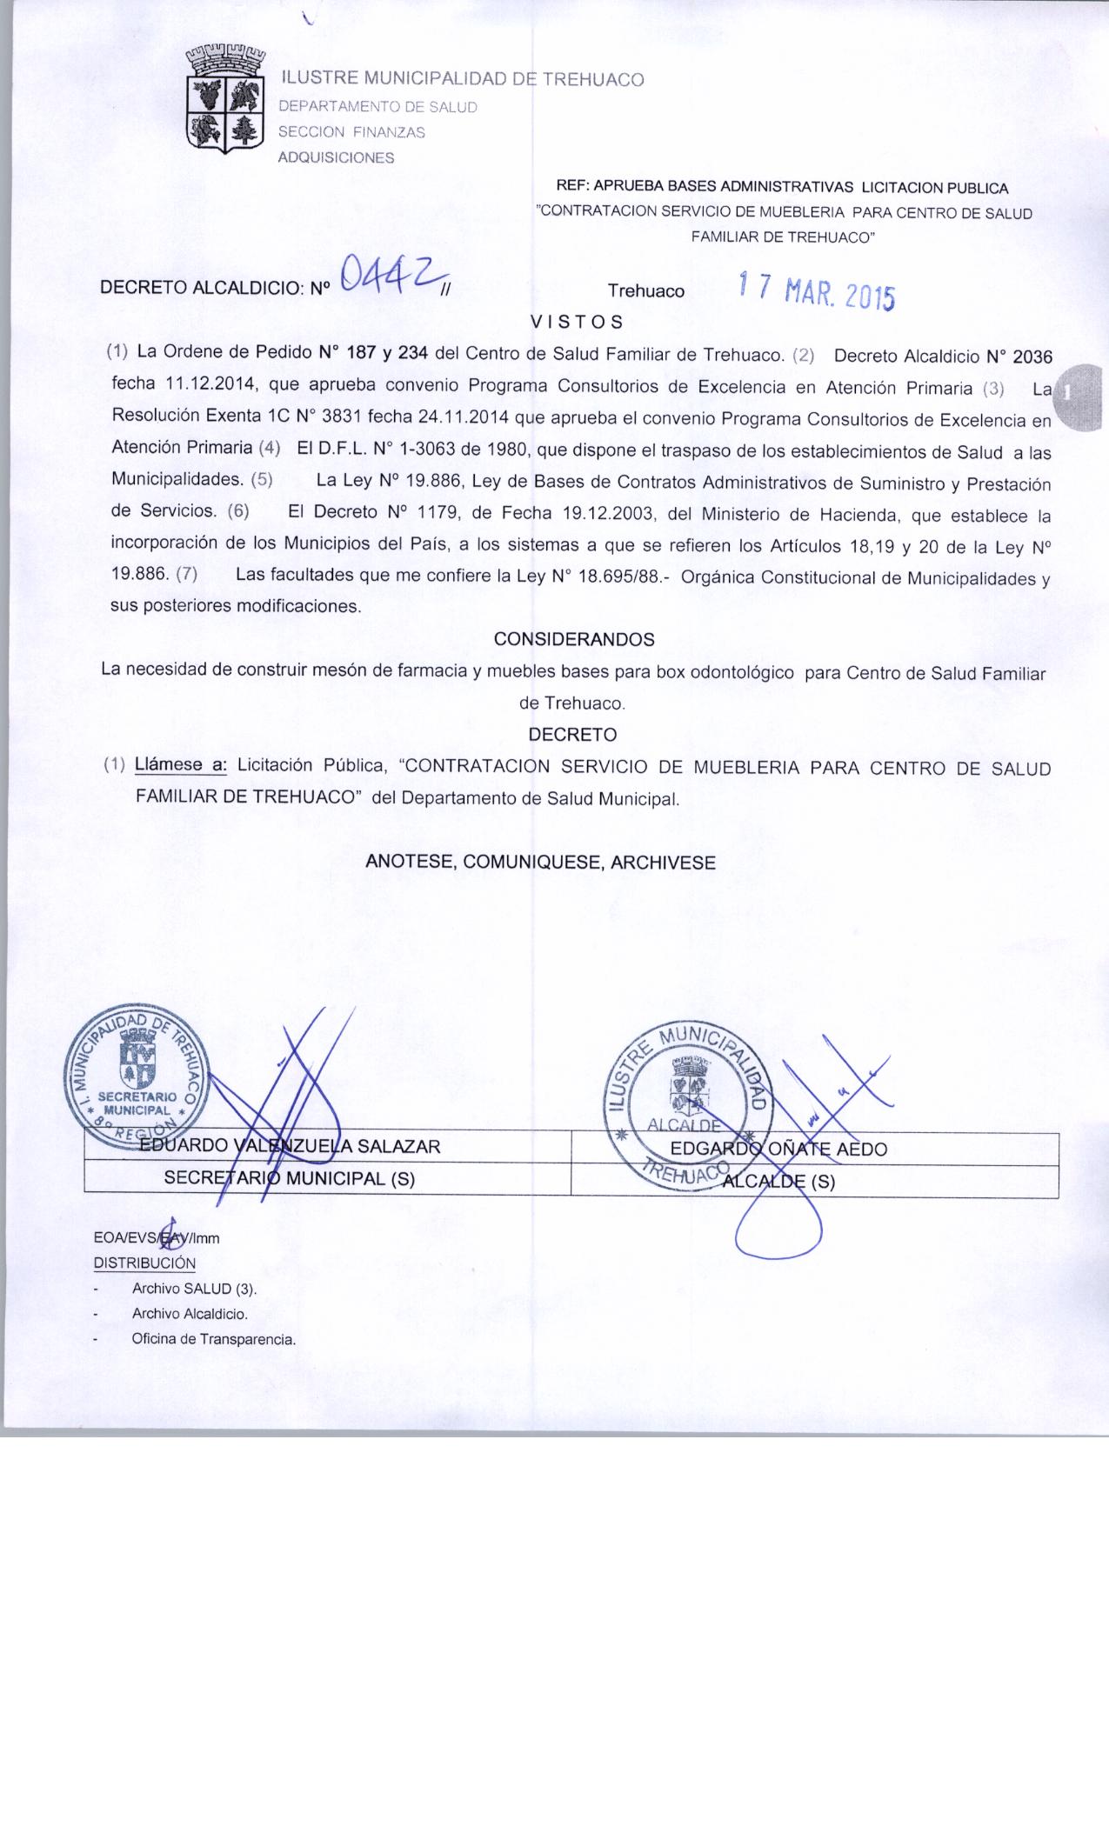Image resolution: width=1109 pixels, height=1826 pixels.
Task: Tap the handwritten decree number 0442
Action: pos(389,277)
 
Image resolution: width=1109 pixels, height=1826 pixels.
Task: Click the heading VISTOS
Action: pos(577,322)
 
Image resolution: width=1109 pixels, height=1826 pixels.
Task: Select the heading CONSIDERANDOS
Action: pos(574,639)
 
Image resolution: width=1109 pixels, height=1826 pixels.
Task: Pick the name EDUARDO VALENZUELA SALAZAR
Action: pos(291,1146)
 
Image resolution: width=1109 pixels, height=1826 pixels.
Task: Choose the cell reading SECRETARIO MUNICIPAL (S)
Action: pos(290,1179)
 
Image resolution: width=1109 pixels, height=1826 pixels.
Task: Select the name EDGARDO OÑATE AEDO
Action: pos(778,1149)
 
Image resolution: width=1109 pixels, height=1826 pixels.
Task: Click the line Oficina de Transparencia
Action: pos(214,1339)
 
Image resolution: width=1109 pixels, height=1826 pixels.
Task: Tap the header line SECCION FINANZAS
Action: pos(351,133)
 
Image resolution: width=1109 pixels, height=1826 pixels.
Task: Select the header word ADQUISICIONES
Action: pos(335,157)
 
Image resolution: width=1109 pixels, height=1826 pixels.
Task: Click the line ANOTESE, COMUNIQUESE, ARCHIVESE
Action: pos(540,863)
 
